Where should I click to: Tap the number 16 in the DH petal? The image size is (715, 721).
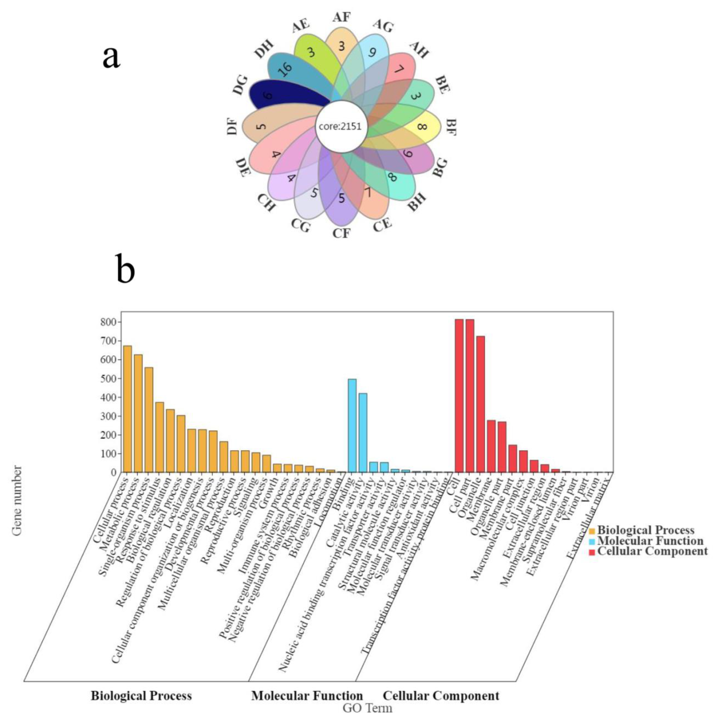(287, 69)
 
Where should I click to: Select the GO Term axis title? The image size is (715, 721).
(367, 708)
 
